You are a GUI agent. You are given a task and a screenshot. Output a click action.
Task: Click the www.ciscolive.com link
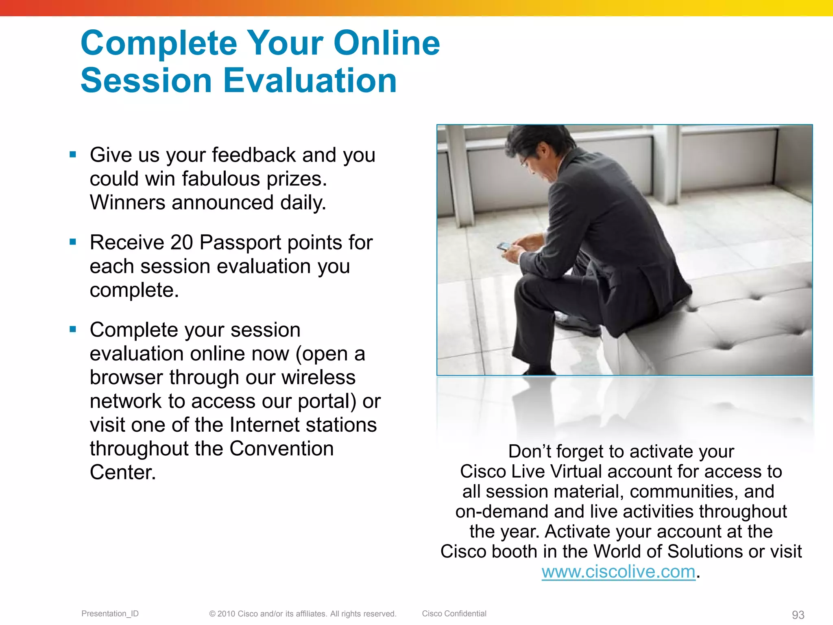(x=618, y=572)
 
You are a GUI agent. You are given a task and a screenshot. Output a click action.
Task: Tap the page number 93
(x=798, y=615)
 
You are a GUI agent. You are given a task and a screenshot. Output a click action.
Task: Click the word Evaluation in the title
(x=310, y=81)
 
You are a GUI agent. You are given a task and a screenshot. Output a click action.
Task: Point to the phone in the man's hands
(x=504, y=246)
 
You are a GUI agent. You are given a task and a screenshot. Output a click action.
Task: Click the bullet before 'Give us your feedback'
(x=73, y=155)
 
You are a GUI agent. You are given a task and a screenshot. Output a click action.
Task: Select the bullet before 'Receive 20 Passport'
(x=73, y=242)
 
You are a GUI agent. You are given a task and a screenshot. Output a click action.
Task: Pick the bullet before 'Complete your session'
(x=73, y=330)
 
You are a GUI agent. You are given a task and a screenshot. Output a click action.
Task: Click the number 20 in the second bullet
(x=181, y=243)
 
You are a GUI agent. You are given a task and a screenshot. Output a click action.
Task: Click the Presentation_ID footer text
(x=110, y=614)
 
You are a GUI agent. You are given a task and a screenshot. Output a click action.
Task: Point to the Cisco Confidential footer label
(x=454, y=614)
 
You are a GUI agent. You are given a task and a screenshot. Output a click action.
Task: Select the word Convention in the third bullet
(x=281, y=449)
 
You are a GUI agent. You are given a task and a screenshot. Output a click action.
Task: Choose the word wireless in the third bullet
(x=318, y=377)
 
